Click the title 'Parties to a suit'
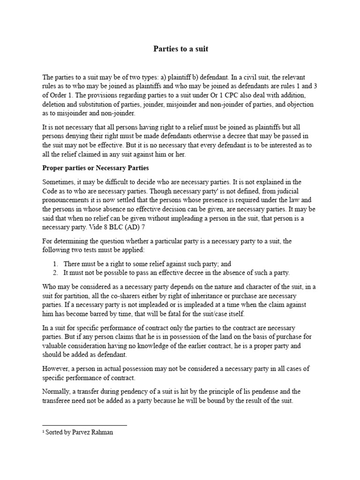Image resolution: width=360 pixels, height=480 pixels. [x=180, y=49]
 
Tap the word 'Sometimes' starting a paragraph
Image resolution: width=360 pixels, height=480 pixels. [x=59, y=181]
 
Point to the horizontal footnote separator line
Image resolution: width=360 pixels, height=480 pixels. [x=84, y=426]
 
